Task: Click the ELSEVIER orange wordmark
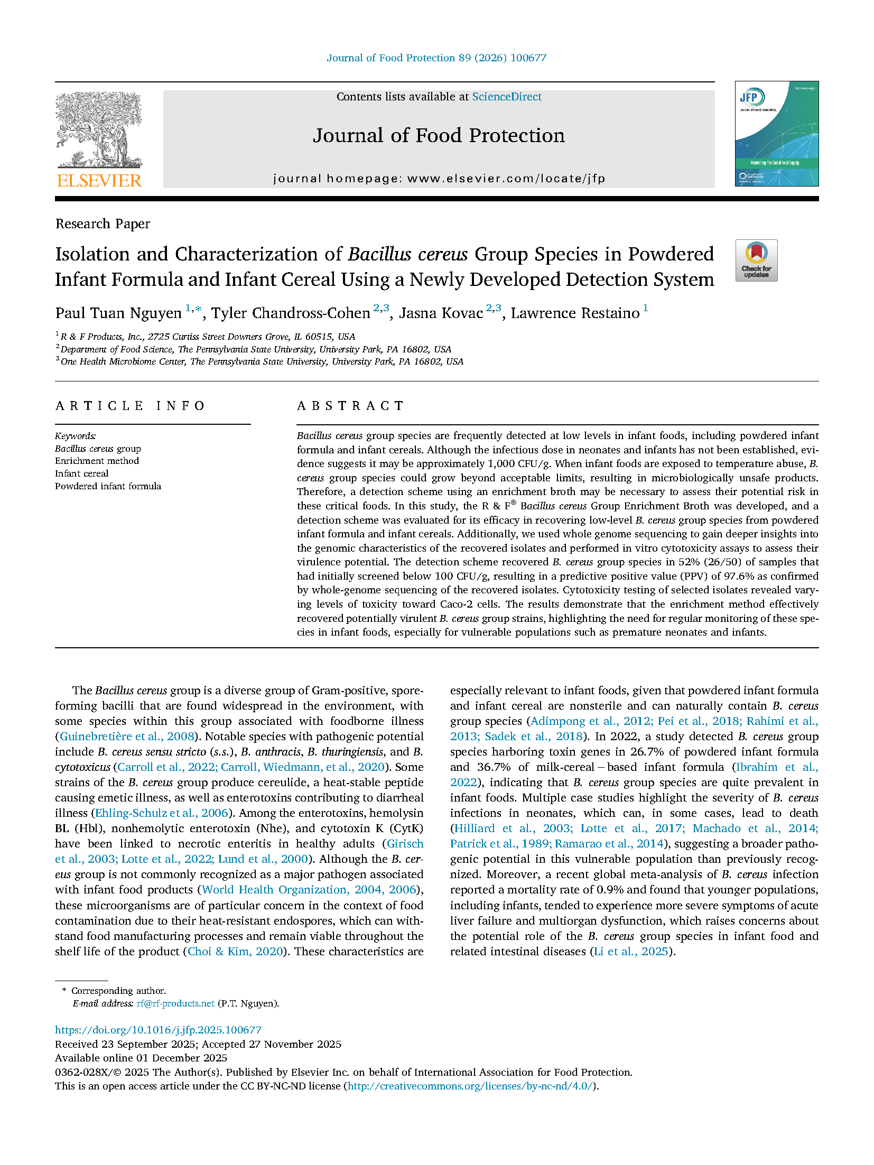point(99,181)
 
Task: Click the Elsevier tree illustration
point(99,130)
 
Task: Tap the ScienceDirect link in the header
point(506,97)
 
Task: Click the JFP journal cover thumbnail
point(776,134)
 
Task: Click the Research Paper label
point(103,224)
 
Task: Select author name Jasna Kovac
point(441,313)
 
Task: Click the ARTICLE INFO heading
point(130,406)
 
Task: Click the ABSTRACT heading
point(350,406)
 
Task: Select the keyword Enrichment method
point(97,461)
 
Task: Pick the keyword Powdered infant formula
point(108,486)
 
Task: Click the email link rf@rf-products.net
point(175,1003)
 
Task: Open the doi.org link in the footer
point(158,1030)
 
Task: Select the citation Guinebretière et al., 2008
point(127,737)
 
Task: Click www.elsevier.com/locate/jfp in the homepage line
point(506,179)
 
